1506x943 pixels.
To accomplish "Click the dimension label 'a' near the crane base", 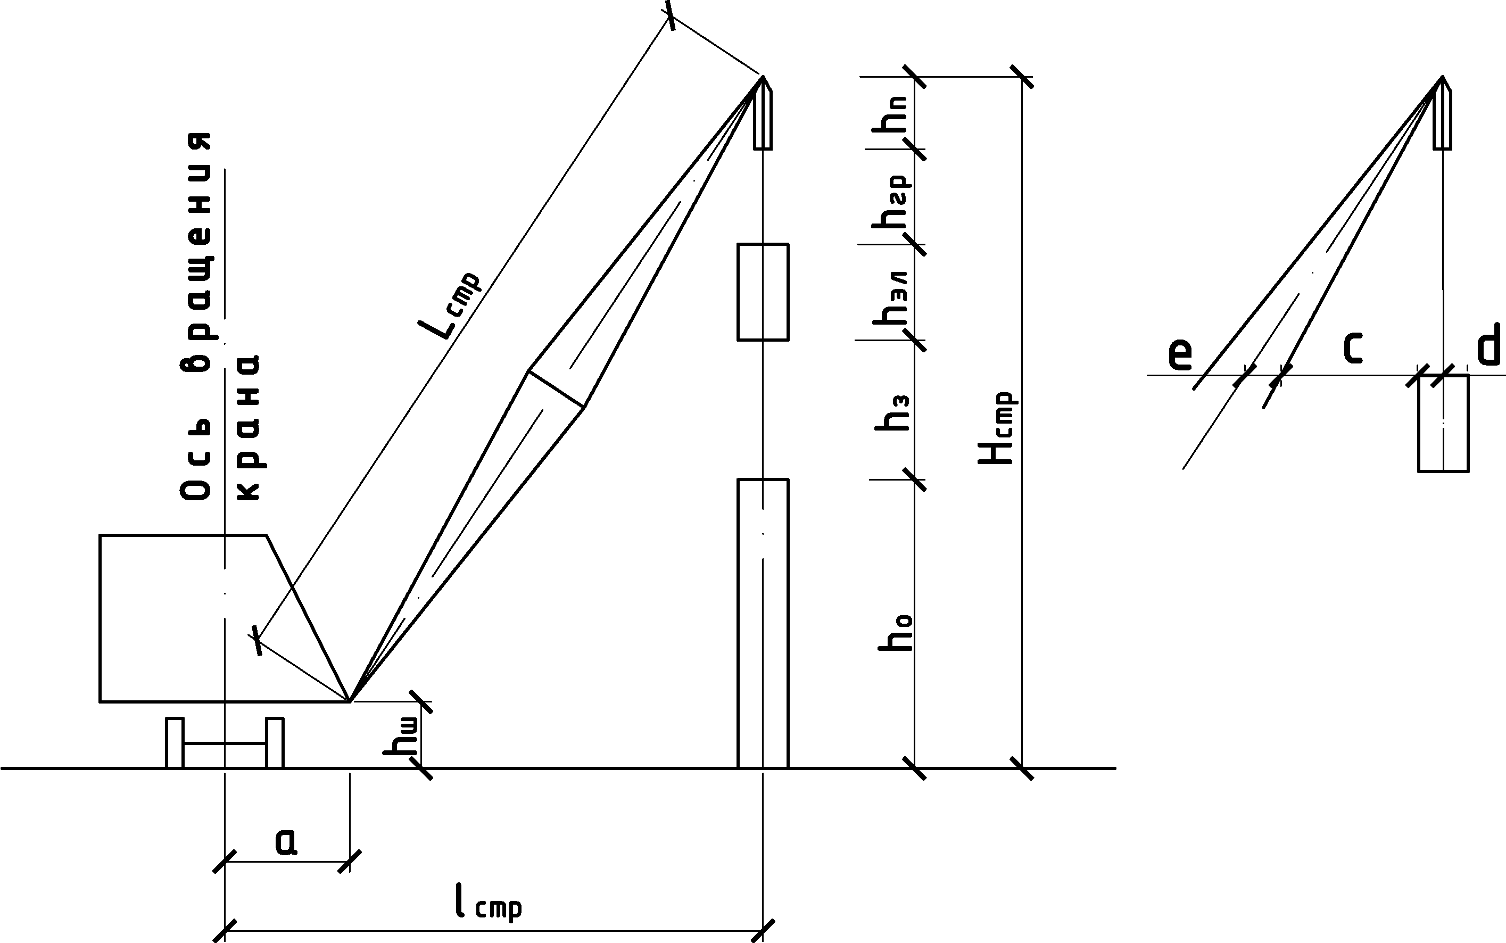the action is click(286, 841).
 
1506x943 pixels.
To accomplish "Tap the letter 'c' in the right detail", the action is click(1352, 348).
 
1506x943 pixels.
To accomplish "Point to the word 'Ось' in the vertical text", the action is click(195, 460).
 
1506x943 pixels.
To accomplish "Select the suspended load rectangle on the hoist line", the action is click(763, 292).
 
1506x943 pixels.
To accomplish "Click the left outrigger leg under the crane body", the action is click(175, 743).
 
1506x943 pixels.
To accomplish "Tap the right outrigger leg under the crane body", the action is click(275, 743).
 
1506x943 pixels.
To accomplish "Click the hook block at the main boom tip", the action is click(763, 113).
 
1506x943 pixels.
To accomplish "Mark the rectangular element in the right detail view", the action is click(1443, 424).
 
